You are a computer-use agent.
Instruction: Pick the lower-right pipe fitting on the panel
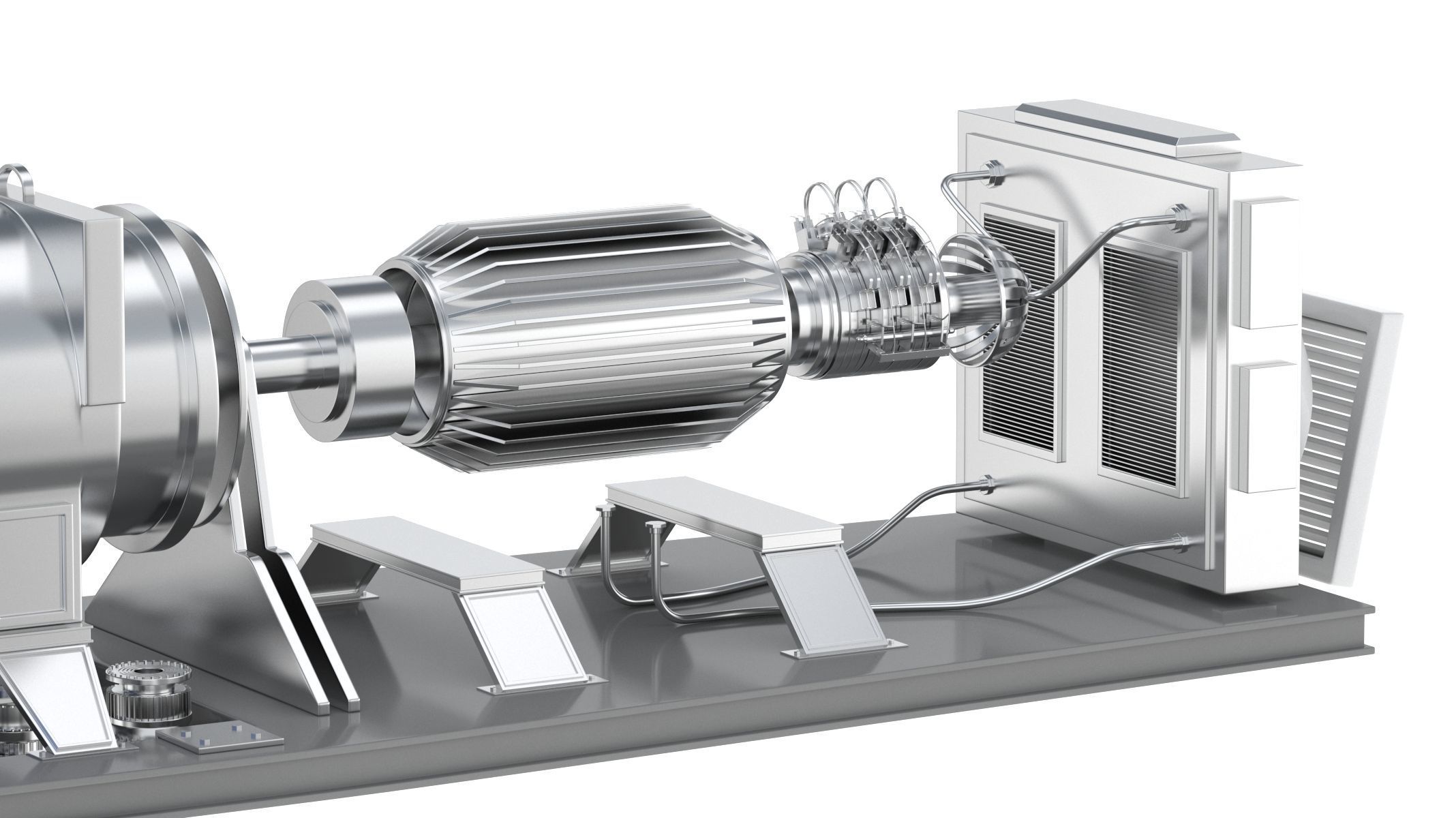pyautogui.click(x=1178, y=543)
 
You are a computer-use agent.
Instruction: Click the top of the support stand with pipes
pyautogui.click(x=723, y=511)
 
